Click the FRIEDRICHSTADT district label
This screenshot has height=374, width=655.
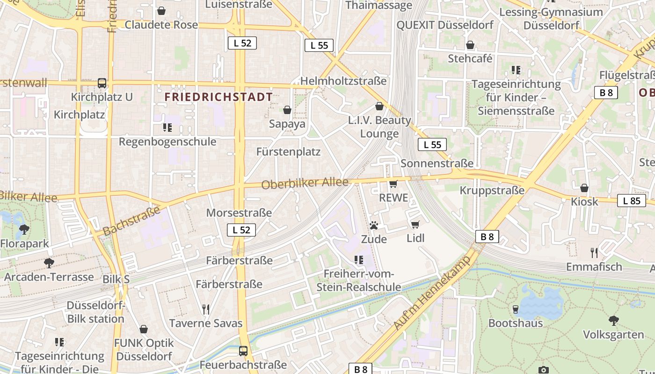(x=218, y=97)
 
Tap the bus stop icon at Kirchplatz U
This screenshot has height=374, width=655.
(x=102, y=83)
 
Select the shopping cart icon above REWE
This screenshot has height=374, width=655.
(x=393, y=184)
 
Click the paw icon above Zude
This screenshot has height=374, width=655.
(x=373, y=225)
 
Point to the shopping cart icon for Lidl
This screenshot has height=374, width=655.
(x=415, y=224)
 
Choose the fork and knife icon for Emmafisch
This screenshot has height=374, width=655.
(x=594, y=253)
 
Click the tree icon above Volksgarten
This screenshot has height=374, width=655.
(x=613, y=321)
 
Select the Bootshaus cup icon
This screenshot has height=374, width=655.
(x=515, y=309)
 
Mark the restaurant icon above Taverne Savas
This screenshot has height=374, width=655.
(x=205, y=309)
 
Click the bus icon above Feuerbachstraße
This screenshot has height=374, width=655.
(x=243, y=351)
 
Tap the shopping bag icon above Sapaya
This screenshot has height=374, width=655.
(x=287, y=110)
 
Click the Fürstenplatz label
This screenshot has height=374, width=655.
(x=288, y=152)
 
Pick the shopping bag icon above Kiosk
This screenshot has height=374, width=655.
(x=584, y=188)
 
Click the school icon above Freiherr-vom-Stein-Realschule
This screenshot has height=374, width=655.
(x=359, y=259)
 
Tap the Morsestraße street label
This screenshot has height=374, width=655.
(x=239, y=213)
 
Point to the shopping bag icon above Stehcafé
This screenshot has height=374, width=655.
(x=470, y=45)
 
